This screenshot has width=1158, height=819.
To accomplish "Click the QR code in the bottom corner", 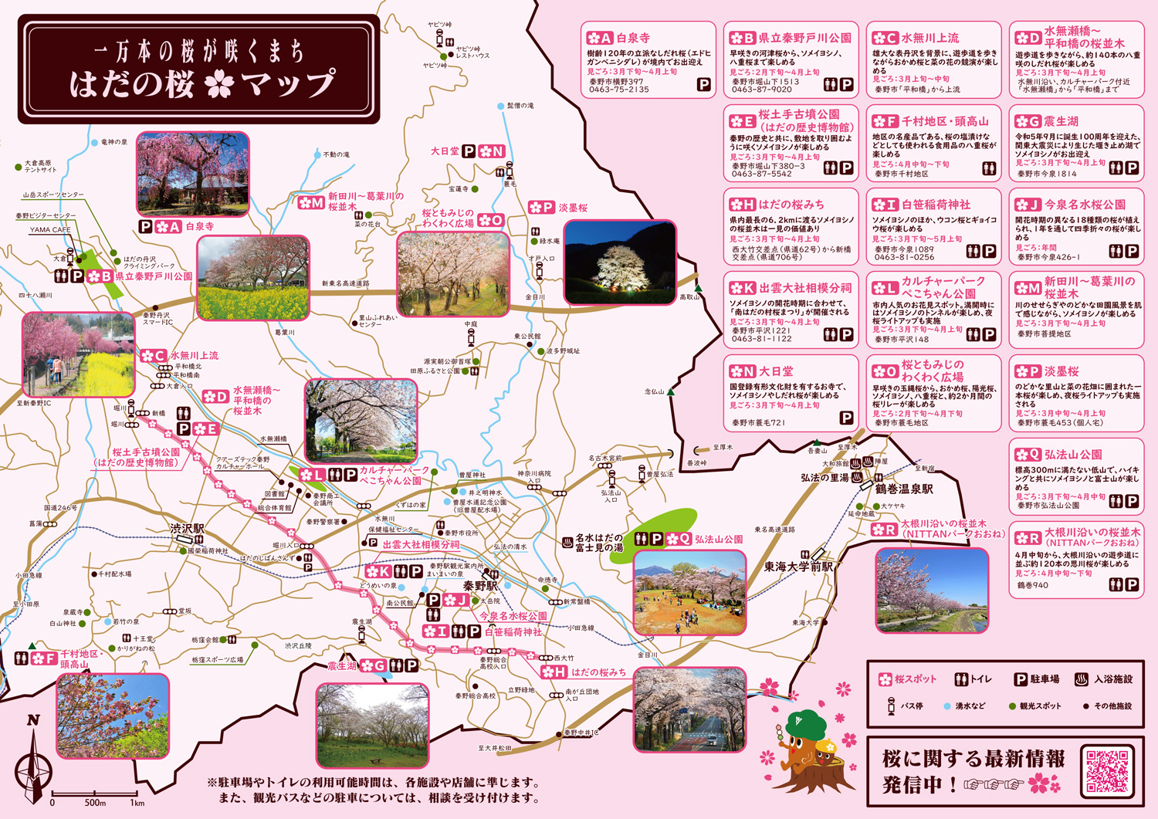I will [1108, 770].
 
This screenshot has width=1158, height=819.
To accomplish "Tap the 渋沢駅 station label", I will [188, 529].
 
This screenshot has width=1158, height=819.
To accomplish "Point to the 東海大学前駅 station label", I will [798, 567].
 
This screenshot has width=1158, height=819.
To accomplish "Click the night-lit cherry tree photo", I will [620, 262].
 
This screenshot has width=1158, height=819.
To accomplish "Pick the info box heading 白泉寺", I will [632, 37].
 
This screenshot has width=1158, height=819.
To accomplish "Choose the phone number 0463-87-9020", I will [761, 90].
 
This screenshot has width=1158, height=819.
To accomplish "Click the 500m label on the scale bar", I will [95, 803].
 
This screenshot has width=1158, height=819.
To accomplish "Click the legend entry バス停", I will [913, 706].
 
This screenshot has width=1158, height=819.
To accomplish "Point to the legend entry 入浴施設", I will [1112, 679].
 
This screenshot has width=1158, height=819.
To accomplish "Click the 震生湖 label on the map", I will [342, 665].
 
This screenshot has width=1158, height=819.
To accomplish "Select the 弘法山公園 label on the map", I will [718, 539].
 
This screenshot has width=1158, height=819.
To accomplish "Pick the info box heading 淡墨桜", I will [1061, 371].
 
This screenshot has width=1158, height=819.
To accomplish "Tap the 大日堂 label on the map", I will [445, 151].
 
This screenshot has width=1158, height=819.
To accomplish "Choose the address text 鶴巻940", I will [1032, 585].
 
